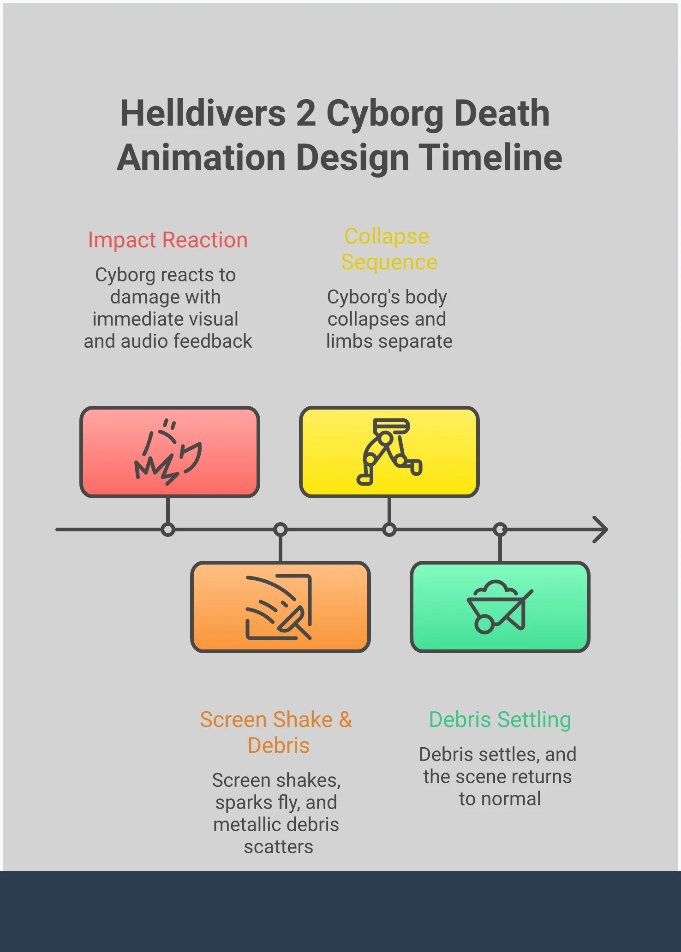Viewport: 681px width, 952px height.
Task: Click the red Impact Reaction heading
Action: pos(168,240)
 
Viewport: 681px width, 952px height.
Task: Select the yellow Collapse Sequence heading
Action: pos(389,249)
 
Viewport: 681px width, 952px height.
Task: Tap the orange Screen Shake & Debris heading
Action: pos(276,732)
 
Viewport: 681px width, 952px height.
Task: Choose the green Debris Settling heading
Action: pos(500,720)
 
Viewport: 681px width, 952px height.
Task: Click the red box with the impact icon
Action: pos(170,452)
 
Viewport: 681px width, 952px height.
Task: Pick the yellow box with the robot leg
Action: pos(389,452)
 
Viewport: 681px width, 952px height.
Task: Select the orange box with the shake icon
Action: pos(281,607)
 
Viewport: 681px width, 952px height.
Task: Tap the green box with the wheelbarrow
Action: pos(500,607)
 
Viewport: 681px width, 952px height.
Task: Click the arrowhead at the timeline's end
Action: pos(601,530)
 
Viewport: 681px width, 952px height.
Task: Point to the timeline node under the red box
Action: pos(168,530)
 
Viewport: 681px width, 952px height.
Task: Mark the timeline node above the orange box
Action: pos(281,530)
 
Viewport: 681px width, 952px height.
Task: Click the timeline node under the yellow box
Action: pos(389,530)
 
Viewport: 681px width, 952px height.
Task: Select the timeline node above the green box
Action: pos(500,530)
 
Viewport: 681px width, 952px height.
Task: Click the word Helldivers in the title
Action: pos(203,113)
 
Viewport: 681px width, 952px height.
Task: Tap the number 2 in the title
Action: pos(306,114)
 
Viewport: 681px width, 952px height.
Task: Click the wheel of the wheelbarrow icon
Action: pos(484,625)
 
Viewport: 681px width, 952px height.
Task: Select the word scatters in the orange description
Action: pos(279,847)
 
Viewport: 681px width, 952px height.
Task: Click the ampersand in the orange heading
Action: pos(346,720)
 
